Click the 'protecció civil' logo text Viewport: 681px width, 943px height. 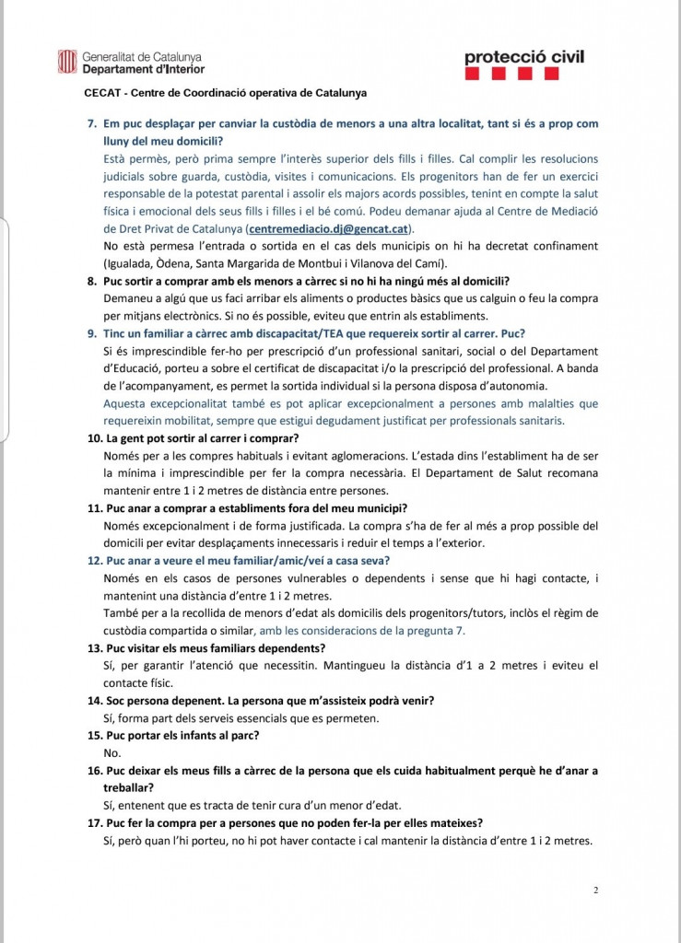tap(524, 57)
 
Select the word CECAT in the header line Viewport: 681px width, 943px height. tap(100, 93)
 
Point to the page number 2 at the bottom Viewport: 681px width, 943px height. tap(596, 891)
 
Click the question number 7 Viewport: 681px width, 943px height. tap(91, 123)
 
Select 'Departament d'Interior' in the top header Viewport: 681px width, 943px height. tap(143, 68)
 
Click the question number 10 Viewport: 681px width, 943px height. tap(94, 438)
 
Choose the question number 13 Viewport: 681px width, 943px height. tap(94, 647)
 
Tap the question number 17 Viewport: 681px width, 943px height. tap(94, 822)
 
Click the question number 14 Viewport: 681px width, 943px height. tap(94, 700)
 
